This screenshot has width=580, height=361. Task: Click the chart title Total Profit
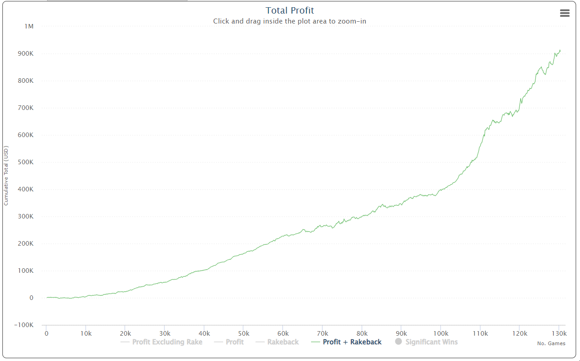pos(289,10)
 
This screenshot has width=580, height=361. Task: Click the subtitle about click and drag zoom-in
pos(289,21)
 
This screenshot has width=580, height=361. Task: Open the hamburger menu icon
pos(565,13)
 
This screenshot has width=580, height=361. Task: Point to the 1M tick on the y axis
pos(29,26)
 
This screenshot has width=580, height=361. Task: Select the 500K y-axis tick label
pos(25,162)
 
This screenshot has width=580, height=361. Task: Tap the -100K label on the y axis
pos(24,325)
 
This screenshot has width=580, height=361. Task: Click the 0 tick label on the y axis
pos(31,298)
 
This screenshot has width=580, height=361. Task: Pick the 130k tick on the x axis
pos(559,333)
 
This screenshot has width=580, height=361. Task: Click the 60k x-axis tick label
pos(283,333)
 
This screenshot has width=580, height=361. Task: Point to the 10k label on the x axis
pos(86,333)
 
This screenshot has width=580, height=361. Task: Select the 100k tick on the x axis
pos(441,333)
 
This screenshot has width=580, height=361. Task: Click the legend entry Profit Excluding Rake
pos(167,342)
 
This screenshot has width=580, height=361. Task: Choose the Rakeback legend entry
pos(283,342)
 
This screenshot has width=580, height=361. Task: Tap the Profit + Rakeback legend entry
pos(352,342)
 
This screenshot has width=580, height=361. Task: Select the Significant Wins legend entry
pos(431,342)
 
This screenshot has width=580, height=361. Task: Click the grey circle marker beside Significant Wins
pos(398,342)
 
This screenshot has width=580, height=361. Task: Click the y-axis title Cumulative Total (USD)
pos(6,176)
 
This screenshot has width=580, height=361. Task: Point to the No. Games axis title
pos(551,343)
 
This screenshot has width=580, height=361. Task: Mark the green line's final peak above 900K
pos(560,50)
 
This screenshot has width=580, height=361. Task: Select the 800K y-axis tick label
pos(25,81)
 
